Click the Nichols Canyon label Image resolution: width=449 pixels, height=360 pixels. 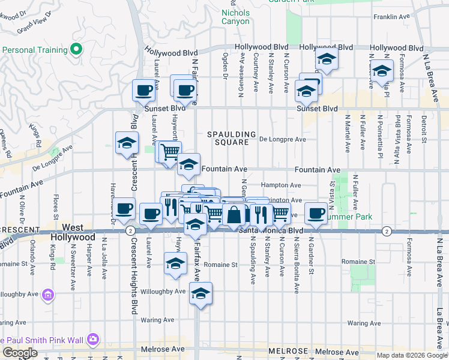tap(235, 17)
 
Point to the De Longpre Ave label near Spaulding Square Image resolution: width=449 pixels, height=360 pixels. tap(282, 139)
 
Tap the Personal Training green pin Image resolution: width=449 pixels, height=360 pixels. tap(76, 49)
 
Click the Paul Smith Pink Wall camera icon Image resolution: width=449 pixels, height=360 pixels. tap(92, 339)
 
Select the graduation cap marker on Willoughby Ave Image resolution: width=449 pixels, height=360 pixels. tap(200, 294)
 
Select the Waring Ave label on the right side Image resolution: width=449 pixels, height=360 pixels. tap(364, 323)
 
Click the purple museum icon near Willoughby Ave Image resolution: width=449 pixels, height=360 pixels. tap(49, 295)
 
